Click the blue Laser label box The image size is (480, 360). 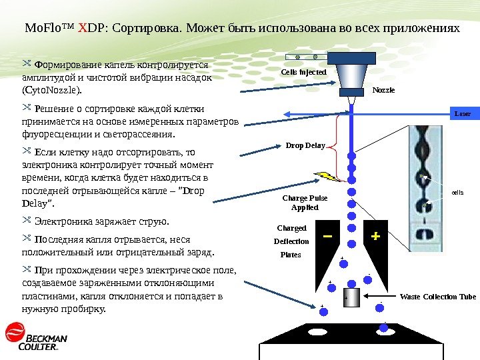(462, 114)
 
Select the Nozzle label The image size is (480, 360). (383, 89)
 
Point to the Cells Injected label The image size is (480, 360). (303, 71)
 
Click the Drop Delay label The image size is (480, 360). (305, 145)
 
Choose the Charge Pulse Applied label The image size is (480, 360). (305, 203)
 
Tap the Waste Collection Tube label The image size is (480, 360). (438, 297)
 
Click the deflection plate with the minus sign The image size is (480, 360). (327, 237)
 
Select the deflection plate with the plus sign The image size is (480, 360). (376, 237)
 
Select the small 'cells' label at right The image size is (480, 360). (457, 192)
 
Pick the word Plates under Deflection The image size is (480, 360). (291, 255)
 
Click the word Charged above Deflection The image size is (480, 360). (291, 228)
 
